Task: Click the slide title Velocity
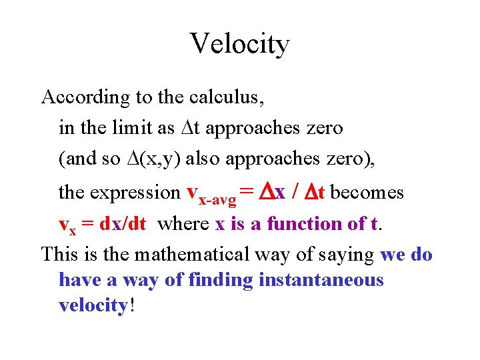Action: tap(240, 44)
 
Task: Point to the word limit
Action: tap(137, 128)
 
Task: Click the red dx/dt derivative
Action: tap(123, 224)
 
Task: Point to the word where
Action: tap(183, 224)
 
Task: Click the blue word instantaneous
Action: tap(321, 279)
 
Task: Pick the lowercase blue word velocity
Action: tap(93, 305)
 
